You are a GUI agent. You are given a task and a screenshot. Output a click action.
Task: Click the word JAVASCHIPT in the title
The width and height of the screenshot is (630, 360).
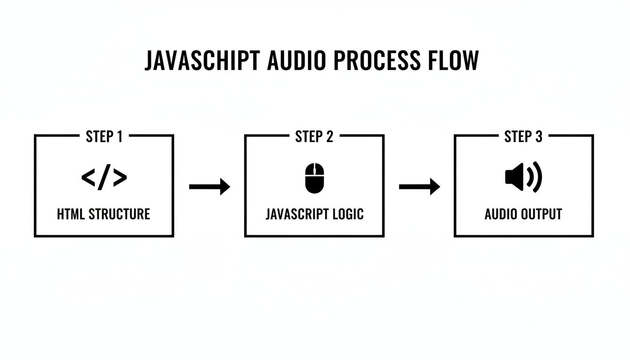tap(202, 60)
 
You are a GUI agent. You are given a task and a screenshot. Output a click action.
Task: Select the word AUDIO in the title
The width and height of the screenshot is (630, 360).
tap(297, 60)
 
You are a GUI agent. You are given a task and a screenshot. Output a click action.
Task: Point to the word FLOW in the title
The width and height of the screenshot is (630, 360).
tap(453, 60)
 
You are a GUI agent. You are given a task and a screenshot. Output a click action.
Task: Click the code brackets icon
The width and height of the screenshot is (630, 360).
tap(104, 178)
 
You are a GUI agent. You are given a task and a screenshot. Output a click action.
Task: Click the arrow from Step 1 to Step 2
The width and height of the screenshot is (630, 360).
tap(210, 187)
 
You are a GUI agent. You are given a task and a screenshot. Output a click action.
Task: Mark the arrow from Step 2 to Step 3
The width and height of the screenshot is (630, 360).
tap(419, 187)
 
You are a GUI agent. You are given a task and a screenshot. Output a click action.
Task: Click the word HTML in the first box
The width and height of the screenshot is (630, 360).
tap(71, 214)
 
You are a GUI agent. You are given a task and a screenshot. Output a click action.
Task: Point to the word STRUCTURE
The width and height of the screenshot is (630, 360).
tap(119, 214)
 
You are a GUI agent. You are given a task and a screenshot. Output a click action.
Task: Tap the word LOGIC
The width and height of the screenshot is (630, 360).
tap(348, 214)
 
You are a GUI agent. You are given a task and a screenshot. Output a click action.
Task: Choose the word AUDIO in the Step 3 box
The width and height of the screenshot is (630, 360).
tap(501, 214)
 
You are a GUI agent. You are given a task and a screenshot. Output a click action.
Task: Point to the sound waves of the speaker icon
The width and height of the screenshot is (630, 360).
tap(535, 178)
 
